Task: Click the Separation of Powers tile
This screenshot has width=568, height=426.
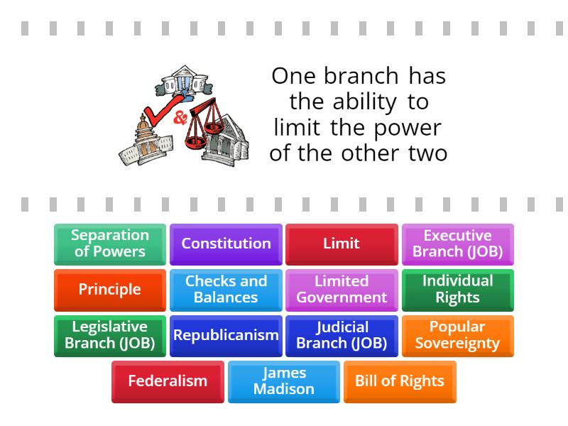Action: click(110, 244)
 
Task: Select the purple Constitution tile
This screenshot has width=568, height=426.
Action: click(226, 244)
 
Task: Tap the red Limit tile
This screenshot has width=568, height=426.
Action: click(342, 244)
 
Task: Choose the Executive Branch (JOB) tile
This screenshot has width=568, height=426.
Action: click(457, 244)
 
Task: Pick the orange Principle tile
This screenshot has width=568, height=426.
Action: click(110, 289)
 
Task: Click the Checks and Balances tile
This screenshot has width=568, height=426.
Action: click(226, 289)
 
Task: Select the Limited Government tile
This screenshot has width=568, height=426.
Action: click(342, 289)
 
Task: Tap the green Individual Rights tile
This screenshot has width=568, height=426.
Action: click(457, 289)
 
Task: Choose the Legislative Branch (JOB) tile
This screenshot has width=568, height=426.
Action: click(110, 335)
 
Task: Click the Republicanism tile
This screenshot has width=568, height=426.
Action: click(226, 335)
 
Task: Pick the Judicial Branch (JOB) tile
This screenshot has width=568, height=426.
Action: click(342, 335)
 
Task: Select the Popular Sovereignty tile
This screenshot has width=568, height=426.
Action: click(457, 335)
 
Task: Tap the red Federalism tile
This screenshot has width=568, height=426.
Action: click(168, 381)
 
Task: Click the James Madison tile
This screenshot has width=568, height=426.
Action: click(284, 381)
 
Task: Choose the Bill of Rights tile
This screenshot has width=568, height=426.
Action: click(400, 381)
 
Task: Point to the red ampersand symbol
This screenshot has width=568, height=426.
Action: click(180, 117)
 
